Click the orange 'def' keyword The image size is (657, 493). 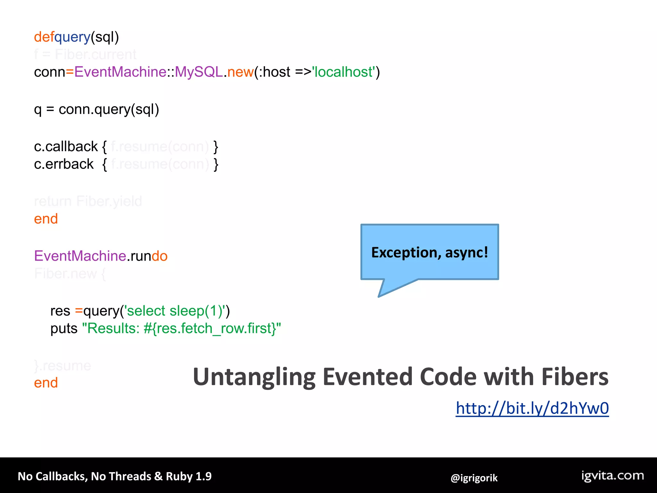click(x=44, y=37)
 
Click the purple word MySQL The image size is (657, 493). click(x=199, y=72)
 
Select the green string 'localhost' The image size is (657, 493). click(x=344, y=72)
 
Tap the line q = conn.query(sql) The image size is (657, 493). click(x=96, y=109)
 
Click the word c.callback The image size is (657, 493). click(x=66, y=147)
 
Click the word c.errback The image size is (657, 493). click(x=64, y=164)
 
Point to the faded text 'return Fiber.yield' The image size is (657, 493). click(x=88, y=201)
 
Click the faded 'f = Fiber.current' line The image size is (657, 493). click(x=85, y=55)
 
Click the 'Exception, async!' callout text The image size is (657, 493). click(x=429, y=252)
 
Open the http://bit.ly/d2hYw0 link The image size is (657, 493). click(x=532, y=408)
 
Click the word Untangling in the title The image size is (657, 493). click(x=254, y=377)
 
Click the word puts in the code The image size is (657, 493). click(x=64, y=329)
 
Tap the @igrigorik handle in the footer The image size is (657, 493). click(x=474, y=478)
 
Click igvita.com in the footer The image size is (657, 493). click(x=612, y=476)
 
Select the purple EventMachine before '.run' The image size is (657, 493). click(x=80, y=256)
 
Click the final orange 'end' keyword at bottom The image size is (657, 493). click(x=46, y=383)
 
